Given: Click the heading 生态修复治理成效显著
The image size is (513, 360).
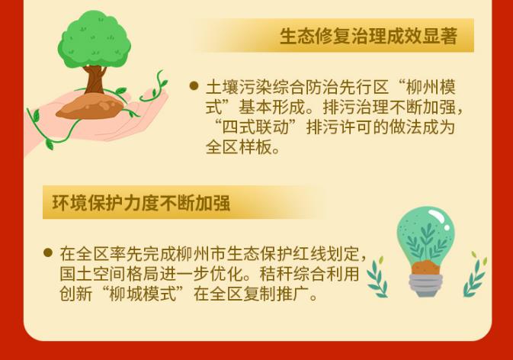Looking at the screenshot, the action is pos(368,36).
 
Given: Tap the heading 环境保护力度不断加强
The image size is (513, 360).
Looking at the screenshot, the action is pos(141,203).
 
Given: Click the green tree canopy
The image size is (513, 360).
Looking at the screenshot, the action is pos(95,40).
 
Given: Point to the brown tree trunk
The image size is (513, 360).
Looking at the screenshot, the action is pos(95,80).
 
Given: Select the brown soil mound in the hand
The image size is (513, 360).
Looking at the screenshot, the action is pos(90,106).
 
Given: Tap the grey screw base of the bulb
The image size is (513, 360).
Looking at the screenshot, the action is pos(425,284).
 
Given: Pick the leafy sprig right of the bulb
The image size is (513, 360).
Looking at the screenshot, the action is pos(475,275).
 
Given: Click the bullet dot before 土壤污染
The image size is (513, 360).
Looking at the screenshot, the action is pos(194,85).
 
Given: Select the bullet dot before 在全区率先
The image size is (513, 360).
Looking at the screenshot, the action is pos(48,252).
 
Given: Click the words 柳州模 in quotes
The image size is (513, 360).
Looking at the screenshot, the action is pos(431,87).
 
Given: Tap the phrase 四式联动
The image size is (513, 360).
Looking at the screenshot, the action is pos(255,127).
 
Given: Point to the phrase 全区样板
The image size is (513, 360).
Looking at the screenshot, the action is pos(239,147).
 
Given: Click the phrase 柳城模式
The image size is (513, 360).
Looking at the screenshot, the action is pos(143,293).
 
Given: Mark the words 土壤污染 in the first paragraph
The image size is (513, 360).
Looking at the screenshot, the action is pos(239,87).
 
